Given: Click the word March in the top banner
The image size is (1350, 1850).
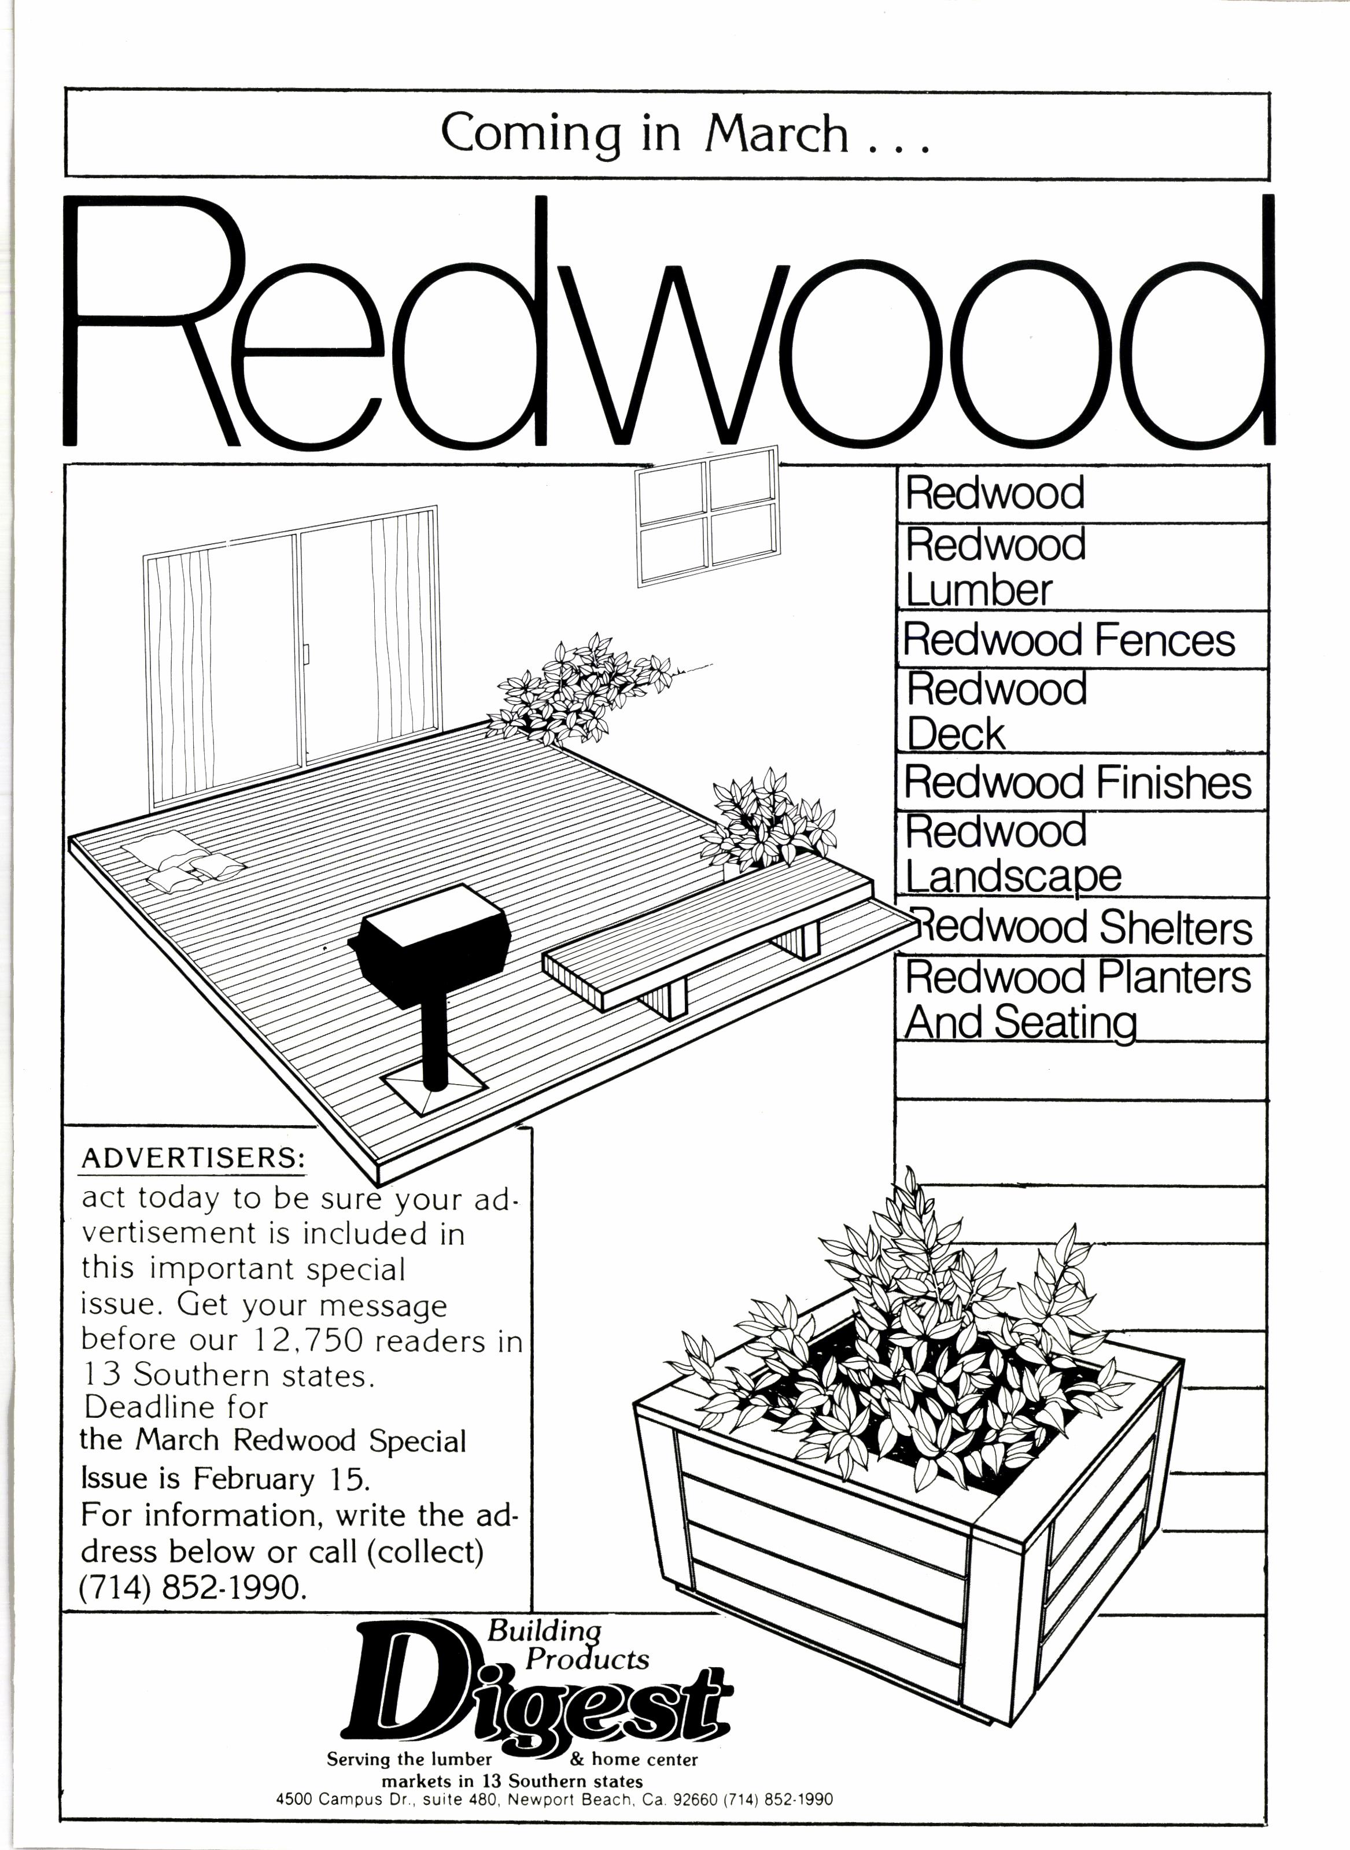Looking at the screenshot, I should (x=776, y=133).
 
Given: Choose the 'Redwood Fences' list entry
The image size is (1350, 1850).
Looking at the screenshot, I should (x=1069, y=640).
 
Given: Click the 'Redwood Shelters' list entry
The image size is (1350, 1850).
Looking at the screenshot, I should (x=1083, y=927).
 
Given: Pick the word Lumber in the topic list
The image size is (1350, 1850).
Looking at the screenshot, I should (x=979, y=590).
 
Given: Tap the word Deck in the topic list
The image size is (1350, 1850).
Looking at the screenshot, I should (x=956, y=733).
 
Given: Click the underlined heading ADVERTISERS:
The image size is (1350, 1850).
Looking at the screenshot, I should (x=193, y=1159).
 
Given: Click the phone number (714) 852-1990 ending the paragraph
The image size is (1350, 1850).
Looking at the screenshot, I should (x=194, y=1586).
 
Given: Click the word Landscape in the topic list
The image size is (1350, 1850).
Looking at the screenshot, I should (x=1013, y=876).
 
